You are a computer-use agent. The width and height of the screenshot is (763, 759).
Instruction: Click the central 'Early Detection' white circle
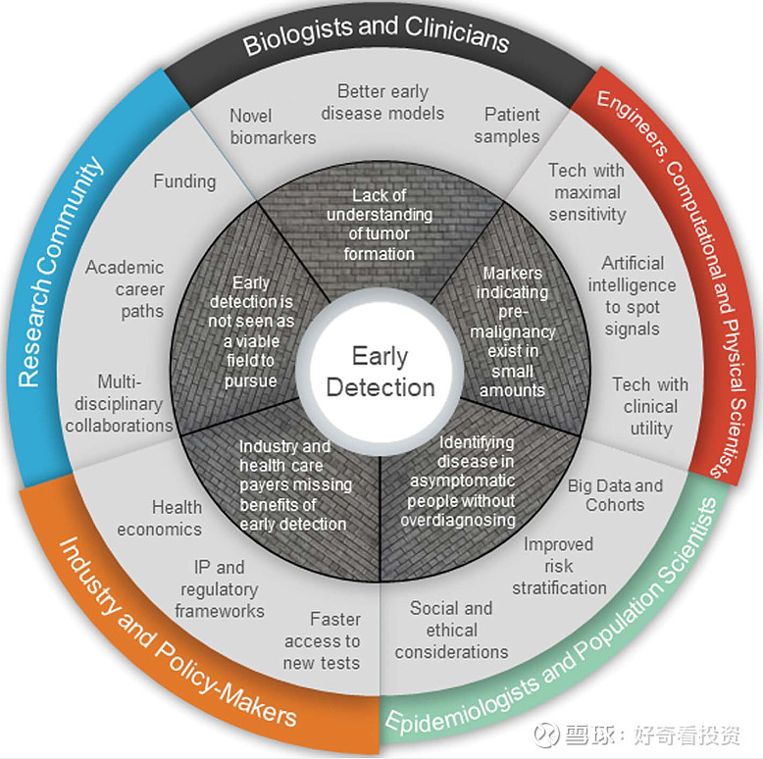(x=381, y=373)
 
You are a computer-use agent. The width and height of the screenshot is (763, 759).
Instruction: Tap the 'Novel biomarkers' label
(x=273, y=126)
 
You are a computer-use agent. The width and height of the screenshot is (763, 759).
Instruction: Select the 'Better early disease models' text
(x=382, y=102)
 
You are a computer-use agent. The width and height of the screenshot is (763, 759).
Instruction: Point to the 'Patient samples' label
(x=507, y=126)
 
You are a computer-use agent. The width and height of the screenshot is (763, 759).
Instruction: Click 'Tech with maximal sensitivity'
(x=586, y=192)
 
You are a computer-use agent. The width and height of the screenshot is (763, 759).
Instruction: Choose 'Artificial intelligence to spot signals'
(x=633, y=296)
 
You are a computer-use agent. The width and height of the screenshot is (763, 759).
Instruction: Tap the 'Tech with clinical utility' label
(x=650, y=406)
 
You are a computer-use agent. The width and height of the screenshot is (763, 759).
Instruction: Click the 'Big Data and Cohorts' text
(x=615, y=495)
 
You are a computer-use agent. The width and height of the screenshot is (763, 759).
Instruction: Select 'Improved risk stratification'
(x=559, y=566)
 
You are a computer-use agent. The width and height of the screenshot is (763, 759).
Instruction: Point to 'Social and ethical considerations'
(x=451, y=630)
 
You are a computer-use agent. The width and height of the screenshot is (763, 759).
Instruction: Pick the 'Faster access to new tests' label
(x=322, y=641)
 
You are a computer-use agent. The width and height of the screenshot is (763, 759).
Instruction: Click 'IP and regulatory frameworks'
(x=220, y=589)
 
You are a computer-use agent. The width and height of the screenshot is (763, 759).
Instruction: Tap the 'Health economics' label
(x=160, y=518)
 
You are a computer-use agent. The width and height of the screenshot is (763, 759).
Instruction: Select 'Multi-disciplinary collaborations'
(x=120, y=403)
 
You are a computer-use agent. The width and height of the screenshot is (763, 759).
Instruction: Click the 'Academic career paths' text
(x=126, y=289)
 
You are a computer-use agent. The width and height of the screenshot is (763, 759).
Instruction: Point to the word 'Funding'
(x=184, y=181)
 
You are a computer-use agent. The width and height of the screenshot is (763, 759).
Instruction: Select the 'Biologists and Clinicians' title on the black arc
(x=377, y=36)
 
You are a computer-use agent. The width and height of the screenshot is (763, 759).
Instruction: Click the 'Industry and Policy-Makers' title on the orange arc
(x=178, y=632)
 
